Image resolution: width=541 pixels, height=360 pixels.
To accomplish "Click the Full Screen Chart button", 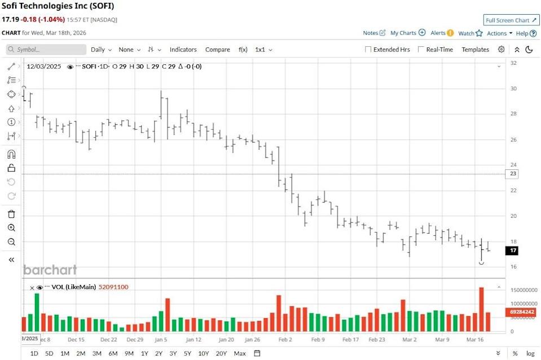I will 512,20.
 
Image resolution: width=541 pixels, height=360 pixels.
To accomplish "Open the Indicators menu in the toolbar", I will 183,50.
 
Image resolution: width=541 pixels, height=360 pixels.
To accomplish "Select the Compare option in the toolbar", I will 217,50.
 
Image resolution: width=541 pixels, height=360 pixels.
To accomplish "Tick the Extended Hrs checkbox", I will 368,50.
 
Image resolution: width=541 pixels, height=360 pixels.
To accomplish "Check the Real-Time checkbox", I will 421,50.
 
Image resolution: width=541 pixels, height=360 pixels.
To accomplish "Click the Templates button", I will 475,50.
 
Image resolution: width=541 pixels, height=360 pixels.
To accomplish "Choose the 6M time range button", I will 113,353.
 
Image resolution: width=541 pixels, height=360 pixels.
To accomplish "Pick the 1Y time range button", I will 144,353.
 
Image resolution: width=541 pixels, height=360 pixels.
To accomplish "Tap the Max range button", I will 240,353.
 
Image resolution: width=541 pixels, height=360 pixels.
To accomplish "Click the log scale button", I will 530,353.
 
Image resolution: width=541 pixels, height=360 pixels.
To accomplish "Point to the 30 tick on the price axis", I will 514,89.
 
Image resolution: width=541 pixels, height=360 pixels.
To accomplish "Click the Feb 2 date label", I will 285,340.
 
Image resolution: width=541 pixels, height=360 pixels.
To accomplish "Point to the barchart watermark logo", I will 50,270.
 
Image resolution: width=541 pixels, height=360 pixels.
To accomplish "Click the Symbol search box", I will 45,50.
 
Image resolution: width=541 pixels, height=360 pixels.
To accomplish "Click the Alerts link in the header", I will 442,33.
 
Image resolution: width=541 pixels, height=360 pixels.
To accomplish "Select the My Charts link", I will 407,33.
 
